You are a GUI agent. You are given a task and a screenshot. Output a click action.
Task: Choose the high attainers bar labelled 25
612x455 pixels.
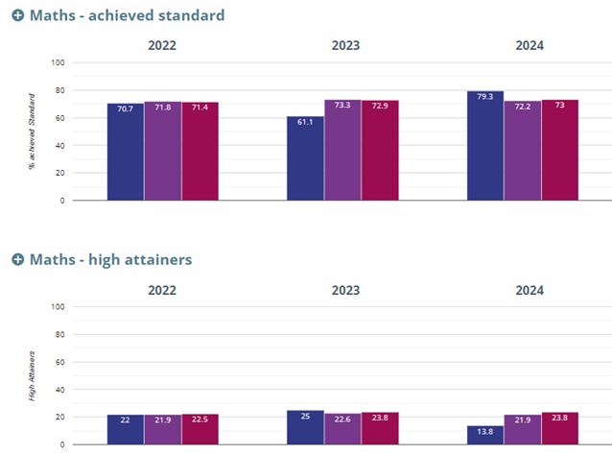(305, 428)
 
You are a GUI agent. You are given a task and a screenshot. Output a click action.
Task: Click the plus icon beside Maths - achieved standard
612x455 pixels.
(17, 16)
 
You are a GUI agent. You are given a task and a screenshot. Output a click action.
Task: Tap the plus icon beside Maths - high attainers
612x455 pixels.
(17, 260)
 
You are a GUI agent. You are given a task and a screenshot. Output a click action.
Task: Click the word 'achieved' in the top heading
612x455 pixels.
(128, 16)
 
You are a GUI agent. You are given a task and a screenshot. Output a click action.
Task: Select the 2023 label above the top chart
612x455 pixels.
(345, 45)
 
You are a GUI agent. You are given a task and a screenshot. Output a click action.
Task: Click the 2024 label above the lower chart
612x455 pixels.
(530, 290)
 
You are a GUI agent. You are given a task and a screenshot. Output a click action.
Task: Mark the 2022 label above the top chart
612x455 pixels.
(162, 45)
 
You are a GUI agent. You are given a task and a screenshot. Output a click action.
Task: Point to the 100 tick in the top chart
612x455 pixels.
(58, 63)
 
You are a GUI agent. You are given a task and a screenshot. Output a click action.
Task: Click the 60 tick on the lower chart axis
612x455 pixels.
(59, 362)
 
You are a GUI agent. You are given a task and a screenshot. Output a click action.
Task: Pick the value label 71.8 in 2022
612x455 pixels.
(162, 107)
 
